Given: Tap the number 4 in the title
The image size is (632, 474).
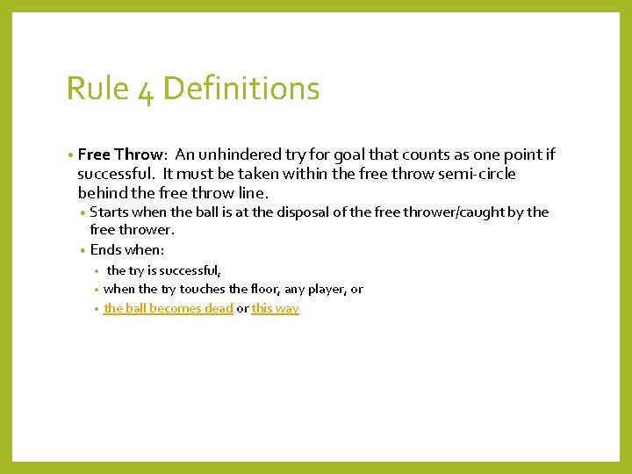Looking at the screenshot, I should click(x=146, y=90).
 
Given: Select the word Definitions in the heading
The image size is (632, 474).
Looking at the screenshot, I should click(x=241, y=89).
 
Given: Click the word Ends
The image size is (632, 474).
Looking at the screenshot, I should click(x=107, y=250).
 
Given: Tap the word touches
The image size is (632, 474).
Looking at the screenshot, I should click(x=201, y=289).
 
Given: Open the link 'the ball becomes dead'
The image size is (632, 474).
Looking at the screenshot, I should click(x=168, y=308).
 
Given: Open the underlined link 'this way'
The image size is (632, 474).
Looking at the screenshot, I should click(x=275, y=308).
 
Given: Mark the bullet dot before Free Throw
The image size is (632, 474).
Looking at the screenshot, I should click(x=69, y=155).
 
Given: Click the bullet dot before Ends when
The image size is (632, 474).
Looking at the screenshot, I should click(x=83, y=250).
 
